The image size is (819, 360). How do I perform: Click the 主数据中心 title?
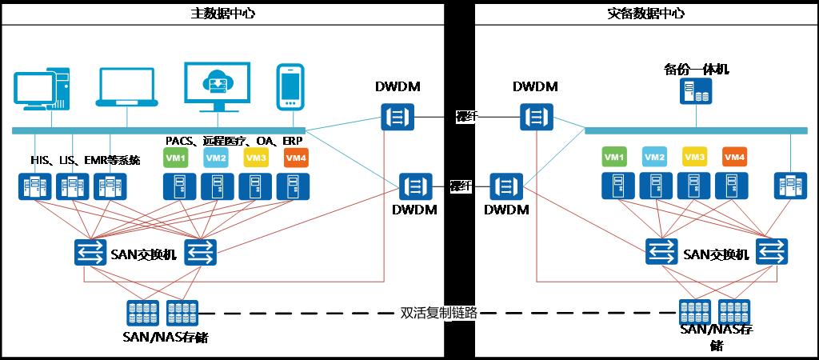pyautogui.click(x=222, y=14)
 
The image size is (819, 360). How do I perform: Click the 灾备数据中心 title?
pyautogui.click(x=645, y=14)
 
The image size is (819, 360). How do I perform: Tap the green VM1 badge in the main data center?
pyautogui.click(x=175, y=158)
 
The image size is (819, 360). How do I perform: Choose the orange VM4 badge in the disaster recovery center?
pyautogui.click(x=734, y=157)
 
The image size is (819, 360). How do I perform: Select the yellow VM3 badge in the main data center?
pyautogui.click(x=256, y=158)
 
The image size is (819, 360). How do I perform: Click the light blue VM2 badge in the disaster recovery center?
pyautogui.click(x=654, y=157)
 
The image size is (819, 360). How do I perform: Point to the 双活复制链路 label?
pyautogui.click(x=438, y=313)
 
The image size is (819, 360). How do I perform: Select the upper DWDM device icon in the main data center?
pyautogui.click(x=397, y=117)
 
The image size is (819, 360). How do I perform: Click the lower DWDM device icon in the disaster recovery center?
pyautogui.click(x=507, y=186)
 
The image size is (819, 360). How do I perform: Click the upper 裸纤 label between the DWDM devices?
pyautogui.click(x=466, y=117)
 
